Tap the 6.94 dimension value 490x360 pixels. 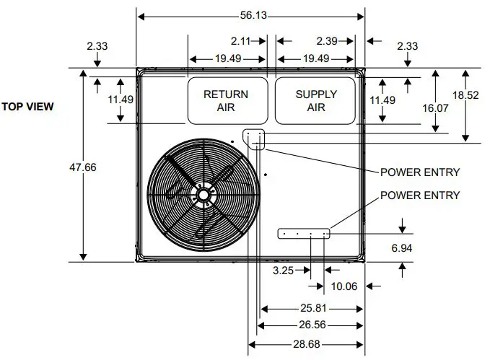click(401, 247)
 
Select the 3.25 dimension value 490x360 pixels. click(284, 271)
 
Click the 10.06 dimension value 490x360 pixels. click(344, 286)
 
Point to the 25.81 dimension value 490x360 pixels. click(311, 308)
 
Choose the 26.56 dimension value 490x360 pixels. click(311, 325)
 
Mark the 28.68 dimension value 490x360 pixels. click(305, 343)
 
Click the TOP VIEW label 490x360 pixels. click(27, 107)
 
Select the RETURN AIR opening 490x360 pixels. click(225, 100)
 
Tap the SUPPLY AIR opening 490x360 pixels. click(315, 100)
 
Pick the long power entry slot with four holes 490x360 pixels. click(304, 233)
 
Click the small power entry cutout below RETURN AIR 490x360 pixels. click(254, 137)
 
